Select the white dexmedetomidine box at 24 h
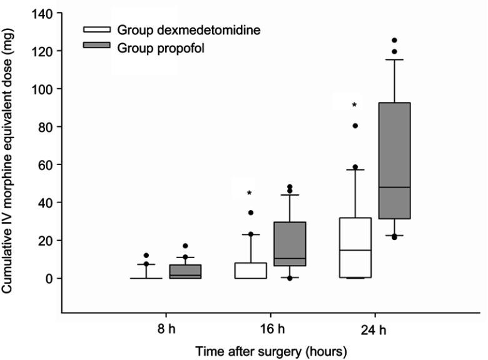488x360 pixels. pos(354,247)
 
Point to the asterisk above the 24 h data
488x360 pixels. pos(354,105)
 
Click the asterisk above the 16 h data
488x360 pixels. pos(249,193)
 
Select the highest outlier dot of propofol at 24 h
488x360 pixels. pos(394,41)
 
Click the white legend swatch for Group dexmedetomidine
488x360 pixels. pos(98,29)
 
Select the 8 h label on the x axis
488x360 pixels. pos(170,328)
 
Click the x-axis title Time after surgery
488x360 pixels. pos(271,351)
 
